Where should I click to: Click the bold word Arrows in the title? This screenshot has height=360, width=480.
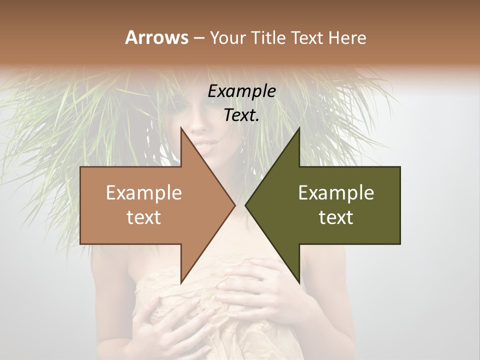[x=156, y=37]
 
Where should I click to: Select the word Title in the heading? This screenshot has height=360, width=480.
[x=268, y=37]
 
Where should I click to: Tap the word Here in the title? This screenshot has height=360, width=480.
[x=347, y=37]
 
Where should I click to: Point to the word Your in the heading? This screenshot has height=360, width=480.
[x=227, y=37]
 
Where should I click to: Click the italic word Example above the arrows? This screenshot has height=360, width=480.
[x=241, y=91]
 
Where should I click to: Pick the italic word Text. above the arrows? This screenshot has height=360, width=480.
[x=241, y=115]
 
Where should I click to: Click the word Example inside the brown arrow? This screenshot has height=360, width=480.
[x=144, y=193]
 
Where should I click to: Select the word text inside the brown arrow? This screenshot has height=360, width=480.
[x=144, y=217]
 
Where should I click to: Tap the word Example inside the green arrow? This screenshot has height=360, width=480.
[x=336, y=193]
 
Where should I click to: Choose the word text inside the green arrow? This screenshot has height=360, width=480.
[x=336, y=217]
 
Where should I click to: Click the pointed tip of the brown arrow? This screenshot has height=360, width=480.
[x=235, y=205]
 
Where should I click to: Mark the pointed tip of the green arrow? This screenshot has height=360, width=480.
[x=245, y=205]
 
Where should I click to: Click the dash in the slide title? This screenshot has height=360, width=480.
[x=198, y=38]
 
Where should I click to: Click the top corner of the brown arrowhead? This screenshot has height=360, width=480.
[x=181, y=128]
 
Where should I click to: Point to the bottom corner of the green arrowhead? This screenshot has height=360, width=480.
[x=299, y=282]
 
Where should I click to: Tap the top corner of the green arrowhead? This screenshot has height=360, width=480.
[x=299, y=128]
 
